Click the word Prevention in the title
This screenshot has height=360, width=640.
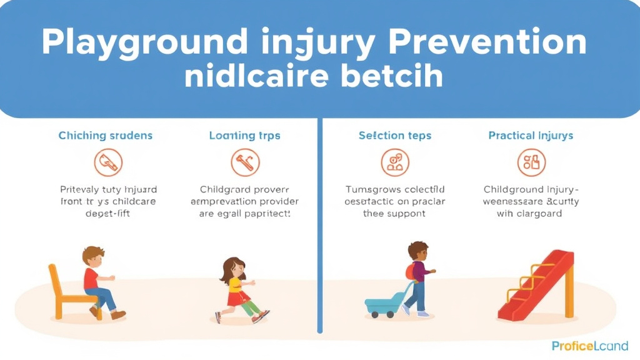pos(487,42)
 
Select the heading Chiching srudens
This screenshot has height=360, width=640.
pos(106,136)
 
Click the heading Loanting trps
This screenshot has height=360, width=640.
pos(244,136)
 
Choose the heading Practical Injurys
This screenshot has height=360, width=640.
pos(531,136)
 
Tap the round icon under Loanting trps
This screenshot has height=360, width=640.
pos(244,162)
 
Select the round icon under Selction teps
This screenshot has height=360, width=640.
pos(394,162)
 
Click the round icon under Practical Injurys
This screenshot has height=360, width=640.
pos(531,162)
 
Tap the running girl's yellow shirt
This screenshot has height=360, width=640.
pos(235,286)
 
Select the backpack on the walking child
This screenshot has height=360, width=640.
pos(410,271)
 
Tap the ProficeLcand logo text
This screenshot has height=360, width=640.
pos(590,346)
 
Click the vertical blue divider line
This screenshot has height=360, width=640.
pos(320,225)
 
